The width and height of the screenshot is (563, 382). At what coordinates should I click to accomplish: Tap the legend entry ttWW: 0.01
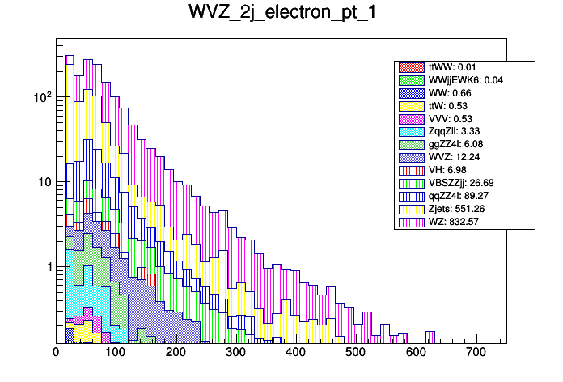453,66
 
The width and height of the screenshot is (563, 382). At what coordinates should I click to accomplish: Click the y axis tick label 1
47,267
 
